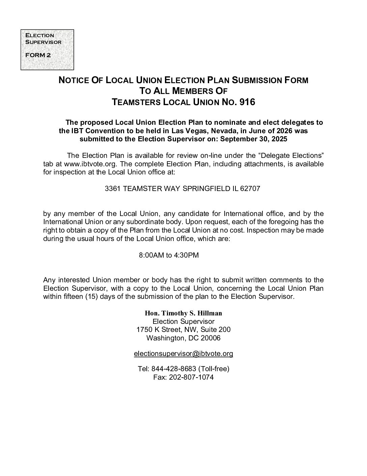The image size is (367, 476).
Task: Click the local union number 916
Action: (247, 102)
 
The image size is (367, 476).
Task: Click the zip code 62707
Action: (250, 189)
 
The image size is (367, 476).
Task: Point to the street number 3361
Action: (112, 189)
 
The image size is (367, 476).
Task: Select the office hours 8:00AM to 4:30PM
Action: (169, 255)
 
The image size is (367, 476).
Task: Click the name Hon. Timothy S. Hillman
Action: (183, 313)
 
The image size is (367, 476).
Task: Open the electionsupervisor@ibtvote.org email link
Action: (183, 354)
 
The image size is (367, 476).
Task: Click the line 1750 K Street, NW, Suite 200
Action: (183, 329)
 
